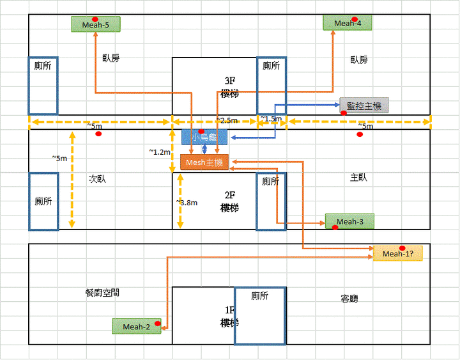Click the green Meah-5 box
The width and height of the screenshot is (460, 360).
pyautogui.click(x=96, y=25)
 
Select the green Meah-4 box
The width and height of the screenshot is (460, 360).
pyautogui.click(x=348, y=23)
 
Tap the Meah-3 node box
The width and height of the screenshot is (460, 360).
pyautogui.click(x=349, y=221)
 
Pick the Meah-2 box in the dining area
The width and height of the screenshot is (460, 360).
pyautogui.click(x=137, y=327)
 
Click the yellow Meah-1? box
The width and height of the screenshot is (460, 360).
pyautogui.click(x=398, y=254)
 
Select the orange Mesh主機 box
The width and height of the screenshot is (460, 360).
pyautogui.click(x=204, y=163)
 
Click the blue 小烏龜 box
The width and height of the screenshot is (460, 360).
pyautogui.click(x=204, y=137)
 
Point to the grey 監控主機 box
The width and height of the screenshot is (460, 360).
pyautogui.click(x=364, y=106)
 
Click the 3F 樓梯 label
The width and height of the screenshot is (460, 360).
pyautogui.click(x=229, y=87)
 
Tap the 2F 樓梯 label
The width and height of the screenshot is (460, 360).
pyautogui.click(x=229, y=201)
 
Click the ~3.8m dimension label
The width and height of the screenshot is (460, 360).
pyautogui.click(x=187, y=202)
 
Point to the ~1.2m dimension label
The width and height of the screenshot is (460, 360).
pyautogui.click(x=160, y=152)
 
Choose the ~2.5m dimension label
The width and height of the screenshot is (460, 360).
pyautogui.click(x=227, y=120)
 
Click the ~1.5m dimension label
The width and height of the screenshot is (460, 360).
pyautogui.click(x=271, y=119)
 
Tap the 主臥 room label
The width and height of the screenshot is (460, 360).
pyautogui.click(x=359, y=177)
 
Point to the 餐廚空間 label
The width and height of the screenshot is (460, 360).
pyautogui.click(x=102, y=292)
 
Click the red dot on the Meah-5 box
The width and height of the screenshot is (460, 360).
pyautogui.click(x=95, y=19)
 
